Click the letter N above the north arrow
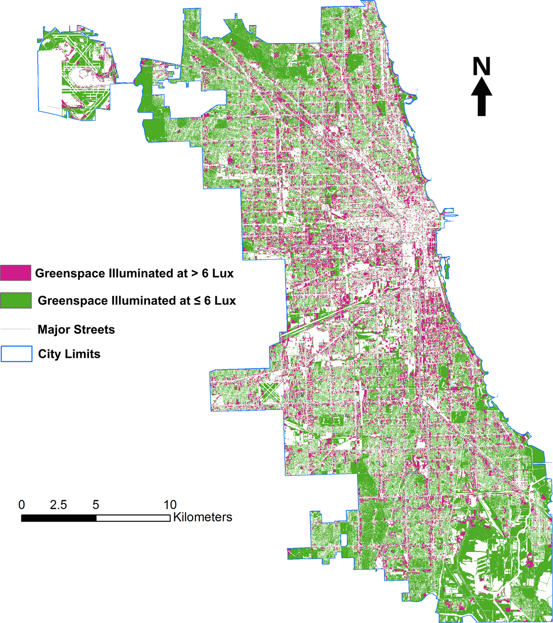coord(481,66)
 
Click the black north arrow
coord(481,97)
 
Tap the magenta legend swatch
coord(16,273)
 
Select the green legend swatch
coord(16,300)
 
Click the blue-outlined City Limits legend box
coord(16,354)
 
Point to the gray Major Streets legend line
coord(16,329)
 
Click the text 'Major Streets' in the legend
coord(76,330)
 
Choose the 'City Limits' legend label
coord(69,354)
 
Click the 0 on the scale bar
coord(22,505)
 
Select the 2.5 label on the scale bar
coord(58,505)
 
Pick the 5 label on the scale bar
coord(96,505)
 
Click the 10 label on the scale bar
coord(170,505)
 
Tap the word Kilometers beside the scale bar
coord(203,517)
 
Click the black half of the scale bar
coord(58,518)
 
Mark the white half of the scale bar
coord(133,518)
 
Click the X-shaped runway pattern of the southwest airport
coord(269,392)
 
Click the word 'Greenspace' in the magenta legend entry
coord(70,273)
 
